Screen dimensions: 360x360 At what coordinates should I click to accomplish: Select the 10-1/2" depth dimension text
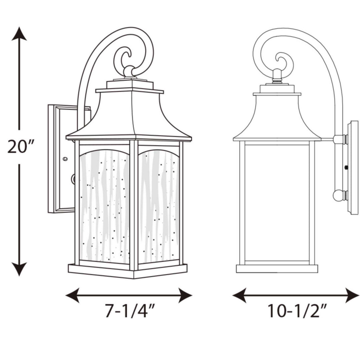296,312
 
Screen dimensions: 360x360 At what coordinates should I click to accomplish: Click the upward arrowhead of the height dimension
19,33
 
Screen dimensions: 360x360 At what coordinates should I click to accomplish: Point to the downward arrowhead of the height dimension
19,269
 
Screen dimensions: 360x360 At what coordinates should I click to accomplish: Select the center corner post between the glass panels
134,205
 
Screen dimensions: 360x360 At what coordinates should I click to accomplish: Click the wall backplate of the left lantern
60,158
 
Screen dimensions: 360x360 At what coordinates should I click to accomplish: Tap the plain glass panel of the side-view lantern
277,203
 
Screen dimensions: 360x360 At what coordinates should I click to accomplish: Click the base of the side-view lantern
277,269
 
